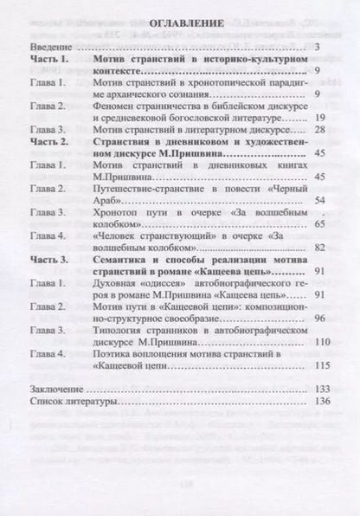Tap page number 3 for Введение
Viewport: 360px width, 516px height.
[318, 46]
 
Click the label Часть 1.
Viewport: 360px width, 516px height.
[51, 60]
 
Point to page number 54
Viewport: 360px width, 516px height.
[315, 200]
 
